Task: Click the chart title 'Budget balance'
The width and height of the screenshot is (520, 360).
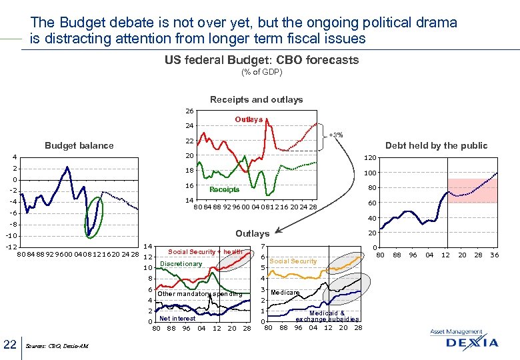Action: point(79,145)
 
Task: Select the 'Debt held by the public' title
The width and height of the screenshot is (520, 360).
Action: point(437,145)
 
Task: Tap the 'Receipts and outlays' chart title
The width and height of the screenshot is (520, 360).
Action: point(256,99)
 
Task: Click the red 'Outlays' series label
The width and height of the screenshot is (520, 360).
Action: point(249,119)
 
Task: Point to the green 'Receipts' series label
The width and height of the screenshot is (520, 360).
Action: point(224,189)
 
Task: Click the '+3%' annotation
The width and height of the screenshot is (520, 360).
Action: point(336,135)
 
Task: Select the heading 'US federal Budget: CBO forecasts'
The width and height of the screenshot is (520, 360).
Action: point(261,60)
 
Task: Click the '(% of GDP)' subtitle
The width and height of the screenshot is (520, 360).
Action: point(261,72)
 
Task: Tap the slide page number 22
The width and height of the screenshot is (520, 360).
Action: point(10,343)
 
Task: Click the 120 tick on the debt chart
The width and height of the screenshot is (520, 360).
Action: point(369,158)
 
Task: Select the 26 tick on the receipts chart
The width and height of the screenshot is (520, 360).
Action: point(189,111)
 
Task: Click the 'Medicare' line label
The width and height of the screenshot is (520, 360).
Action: point(285,293)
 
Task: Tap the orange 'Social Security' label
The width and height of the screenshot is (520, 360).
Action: point(293,261)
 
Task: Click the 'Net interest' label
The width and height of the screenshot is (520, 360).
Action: point(177,318)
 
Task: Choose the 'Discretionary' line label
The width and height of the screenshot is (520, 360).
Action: point(181,264)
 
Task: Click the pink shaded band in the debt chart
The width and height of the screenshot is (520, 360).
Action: point(472,191)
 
